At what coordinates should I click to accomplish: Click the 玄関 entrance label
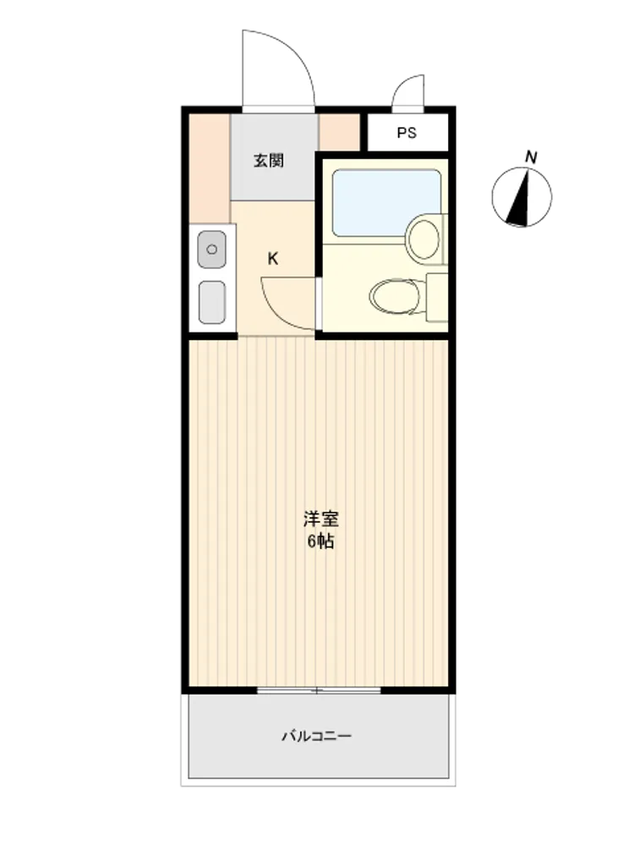(x=269, y=160)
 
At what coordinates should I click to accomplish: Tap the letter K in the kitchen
(x=273, y=259)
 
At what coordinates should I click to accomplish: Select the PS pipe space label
(x=407, y=133)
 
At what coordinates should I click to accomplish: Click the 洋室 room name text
(x=320, y=519)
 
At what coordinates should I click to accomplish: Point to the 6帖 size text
(x=320, y=541)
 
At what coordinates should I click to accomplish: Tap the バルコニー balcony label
(x=317, y=735)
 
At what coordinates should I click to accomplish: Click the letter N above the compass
(x=531, y=157)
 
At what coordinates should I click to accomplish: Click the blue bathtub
(x=386, y=203)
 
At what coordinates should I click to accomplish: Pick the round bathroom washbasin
(x=424, y=239)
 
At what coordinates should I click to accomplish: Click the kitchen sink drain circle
(x=212, y=250)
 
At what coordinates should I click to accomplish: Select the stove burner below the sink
(x=212, y=302)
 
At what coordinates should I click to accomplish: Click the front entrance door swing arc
(x=291, y=52)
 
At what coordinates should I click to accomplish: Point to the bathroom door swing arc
(x=281, y=310)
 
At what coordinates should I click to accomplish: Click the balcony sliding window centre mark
(x=318, y=690)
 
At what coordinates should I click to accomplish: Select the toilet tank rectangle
(x=437, y=297)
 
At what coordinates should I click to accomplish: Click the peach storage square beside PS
(x=340, y=132)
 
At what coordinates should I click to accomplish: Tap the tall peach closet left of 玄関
(x=210, y=168)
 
